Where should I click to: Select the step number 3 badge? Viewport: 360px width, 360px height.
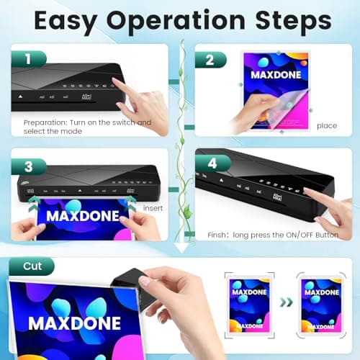pos(27,166)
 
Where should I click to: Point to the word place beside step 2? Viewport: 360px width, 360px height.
pos(326,125)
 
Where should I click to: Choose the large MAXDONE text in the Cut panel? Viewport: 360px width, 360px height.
pos(73,322)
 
